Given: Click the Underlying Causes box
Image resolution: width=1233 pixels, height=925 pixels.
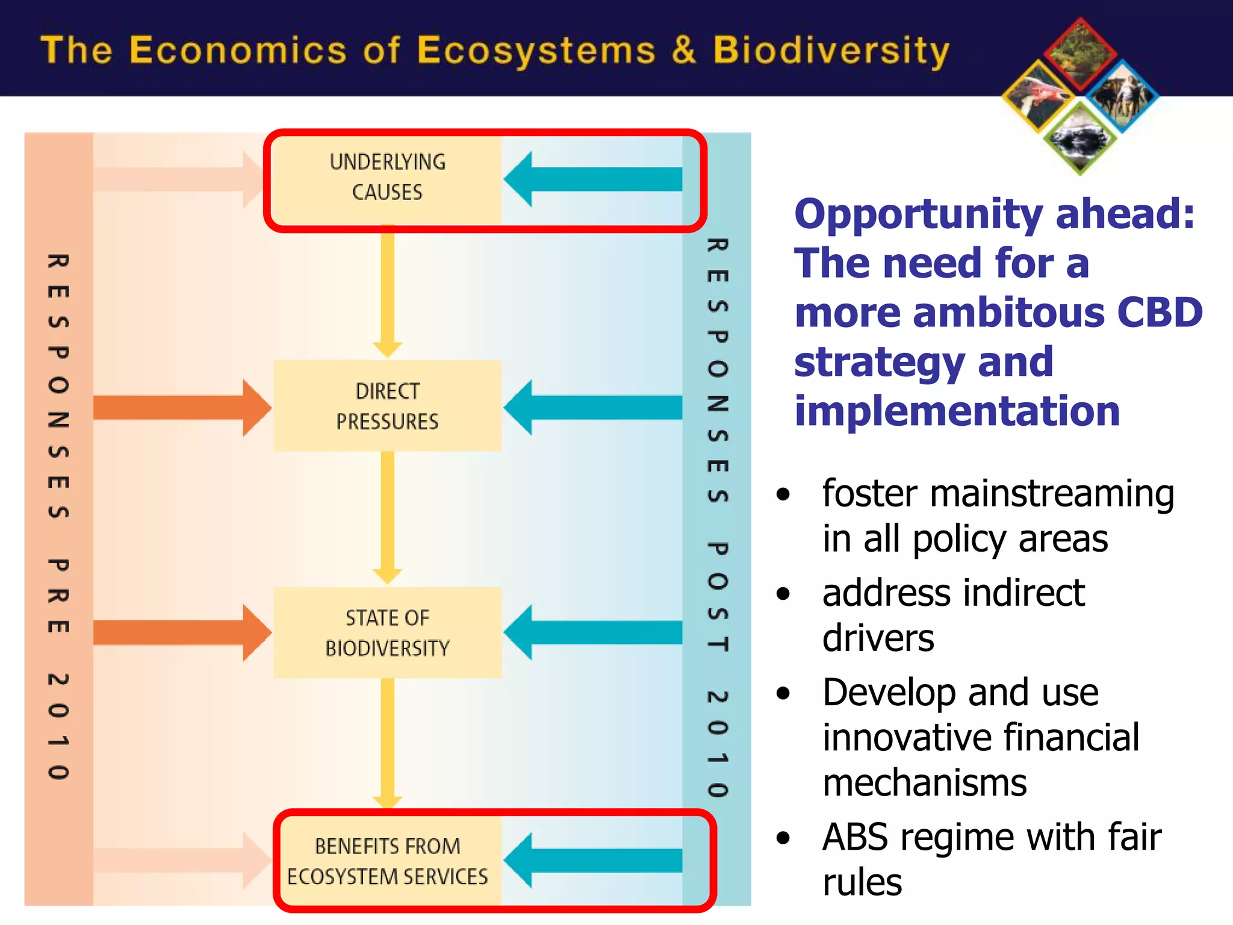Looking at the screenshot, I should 387,178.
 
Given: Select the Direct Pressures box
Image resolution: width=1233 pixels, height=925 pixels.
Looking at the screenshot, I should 387,406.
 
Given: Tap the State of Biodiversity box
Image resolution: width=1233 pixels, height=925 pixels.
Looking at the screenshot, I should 387,633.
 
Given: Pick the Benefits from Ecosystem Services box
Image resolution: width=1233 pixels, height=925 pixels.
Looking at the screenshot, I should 387,861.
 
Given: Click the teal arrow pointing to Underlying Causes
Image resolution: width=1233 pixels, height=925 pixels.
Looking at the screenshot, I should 593,179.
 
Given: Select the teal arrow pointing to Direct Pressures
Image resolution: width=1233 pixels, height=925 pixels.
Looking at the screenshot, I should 593,407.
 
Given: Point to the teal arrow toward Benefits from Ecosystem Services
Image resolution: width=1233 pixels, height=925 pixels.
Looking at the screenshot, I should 593,861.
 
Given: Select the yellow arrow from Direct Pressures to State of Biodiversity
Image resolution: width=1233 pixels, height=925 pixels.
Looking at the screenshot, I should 388,518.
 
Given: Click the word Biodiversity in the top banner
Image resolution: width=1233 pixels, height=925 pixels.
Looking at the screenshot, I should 831,51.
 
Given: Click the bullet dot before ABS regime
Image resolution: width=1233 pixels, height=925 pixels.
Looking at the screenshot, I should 783,838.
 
